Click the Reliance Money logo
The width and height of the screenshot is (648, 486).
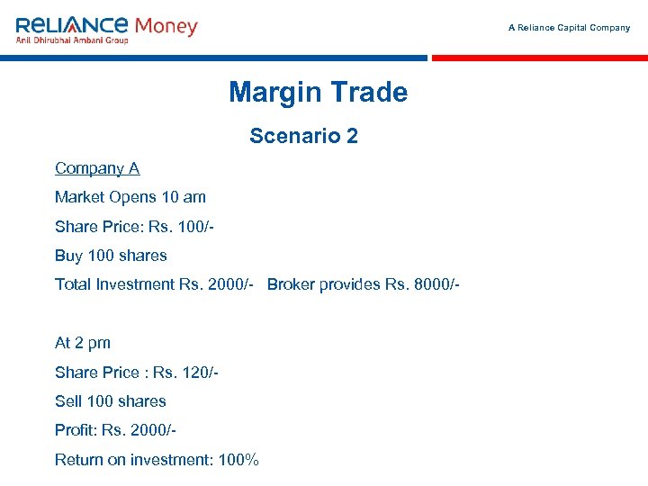106,28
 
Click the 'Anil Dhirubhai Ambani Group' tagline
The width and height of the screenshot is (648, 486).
72,40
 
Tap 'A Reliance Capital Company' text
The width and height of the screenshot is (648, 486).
569,28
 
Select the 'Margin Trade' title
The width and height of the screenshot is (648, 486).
318,92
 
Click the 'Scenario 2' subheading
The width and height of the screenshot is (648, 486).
303,136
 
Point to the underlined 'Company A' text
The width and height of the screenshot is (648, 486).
97,168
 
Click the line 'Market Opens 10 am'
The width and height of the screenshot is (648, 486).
130,197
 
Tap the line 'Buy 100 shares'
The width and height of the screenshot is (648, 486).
111,256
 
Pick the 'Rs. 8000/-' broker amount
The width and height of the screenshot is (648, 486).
422,284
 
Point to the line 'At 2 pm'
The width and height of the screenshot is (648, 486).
83,343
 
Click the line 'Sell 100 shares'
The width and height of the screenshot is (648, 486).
111,401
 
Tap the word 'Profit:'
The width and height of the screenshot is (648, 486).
76,431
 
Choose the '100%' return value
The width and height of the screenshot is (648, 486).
238,460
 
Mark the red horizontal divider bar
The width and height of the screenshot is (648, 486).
539,58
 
